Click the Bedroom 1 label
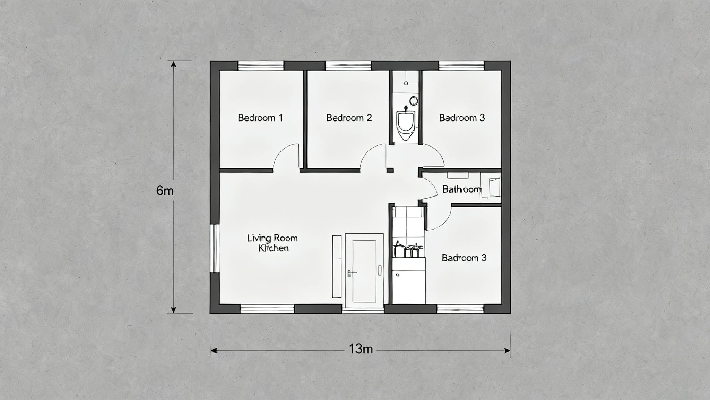[x=260, y=118]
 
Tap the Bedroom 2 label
[x=349, y=118]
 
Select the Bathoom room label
[x=461, y=189]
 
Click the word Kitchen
[x=274, y=248]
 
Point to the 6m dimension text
[x=165, y=191]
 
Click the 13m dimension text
[x=361, y=349]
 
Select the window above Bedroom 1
[x=260, y=66]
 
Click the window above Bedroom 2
[x=348, y=66]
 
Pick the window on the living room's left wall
[x=215, y=248]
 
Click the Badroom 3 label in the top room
[x=462, y=118]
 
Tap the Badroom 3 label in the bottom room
[x=464, y=258]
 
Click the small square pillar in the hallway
[x=390, y=170]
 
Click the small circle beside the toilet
[x=414, y=101]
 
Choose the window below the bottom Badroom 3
[x=460, y=309]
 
